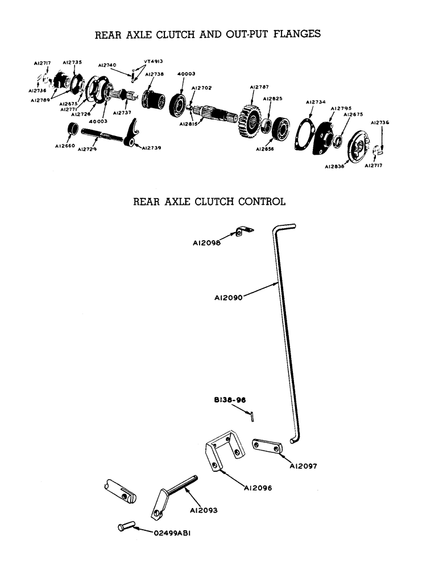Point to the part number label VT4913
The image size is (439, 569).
coord(154,61)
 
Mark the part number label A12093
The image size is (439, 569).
coord(204,510)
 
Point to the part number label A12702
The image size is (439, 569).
coord(201,88)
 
